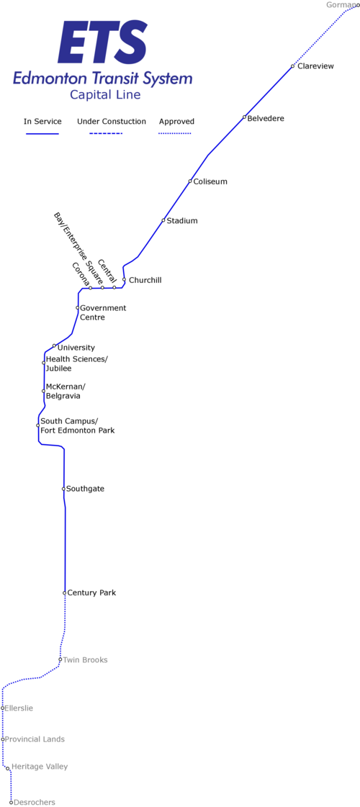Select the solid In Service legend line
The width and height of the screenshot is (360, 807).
(x=42, y=134)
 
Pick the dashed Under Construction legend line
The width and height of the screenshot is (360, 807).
(x=106, y=134)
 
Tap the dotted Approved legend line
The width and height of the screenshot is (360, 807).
(x=175, y=134)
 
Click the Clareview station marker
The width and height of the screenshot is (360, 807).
(x=292, y=66)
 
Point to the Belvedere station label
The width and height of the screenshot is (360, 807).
(x=266, y=118)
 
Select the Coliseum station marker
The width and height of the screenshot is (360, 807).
(x=190, y=181)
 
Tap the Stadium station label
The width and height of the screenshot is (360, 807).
(x=182, y=221)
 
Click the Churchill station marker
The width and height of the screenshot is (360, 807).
(x=124, y=279)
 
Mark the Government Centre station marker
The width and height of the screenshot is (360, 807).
(x=77, y=308)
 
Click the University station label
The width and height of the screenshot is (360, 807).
(x=76, y=348)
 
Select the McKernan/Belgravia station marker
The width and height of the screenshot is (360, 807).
(x=43, y=391)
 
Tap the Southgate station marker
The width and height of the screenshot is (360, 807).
(x=63, y=488)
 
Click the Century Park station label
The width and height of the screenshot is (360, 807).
(x=91, y=593)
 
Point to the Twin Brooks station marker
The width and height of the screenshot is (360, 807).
(x=60, y=659)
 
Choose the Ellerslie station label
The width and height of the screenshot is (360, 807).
(x=19, y=708)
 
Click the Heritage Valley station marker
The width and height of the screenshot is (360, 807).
(x=8, y=768)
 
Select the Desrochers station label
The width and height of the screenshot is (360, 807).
(x=35, y=802)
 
